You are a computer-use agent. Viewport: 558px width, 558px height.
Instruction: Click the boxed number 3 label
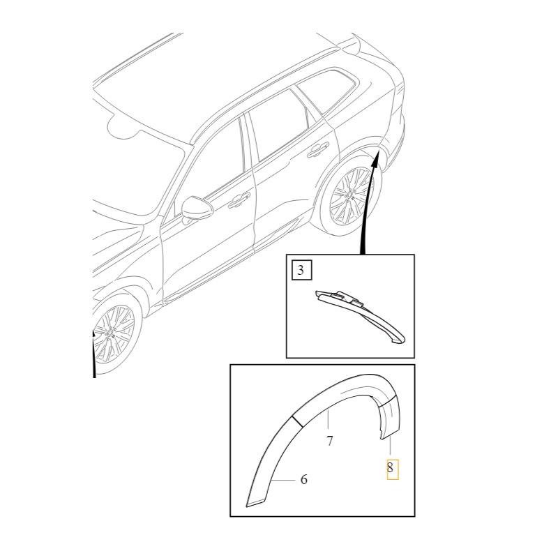pos(300,271)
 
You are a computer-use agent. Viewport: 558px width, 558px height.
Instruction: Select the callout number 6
pos(303,480)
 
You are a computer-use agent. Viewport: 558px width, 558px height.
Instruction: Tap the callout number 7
pos(329,441)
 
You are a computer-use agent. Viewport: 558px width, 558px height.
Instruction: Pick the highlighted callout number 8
pos(391,469)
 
